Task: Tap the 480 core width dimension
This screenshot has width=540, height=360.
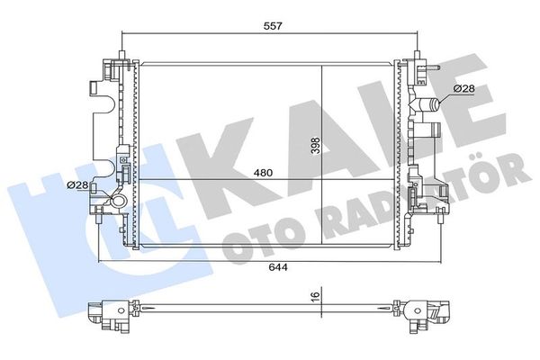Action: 261,172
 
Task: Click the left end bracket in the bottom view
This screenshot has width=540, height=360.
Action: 108,313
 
